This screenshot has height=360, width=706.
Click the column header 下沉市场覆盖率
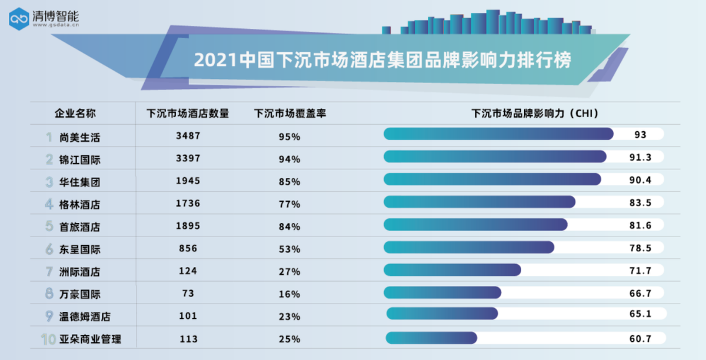tap(289, 113)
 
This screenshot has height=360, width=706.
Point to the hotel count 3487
tap(188, 136)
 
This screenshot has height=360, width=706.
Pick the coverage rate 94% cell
tap(289, 159)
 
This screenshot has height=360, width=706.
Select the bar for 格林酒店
tap(479, 202)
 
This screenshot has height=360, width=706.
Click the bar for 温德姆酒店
tap(442, 314)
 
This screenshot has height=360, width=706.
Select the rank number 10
tap(48, 339)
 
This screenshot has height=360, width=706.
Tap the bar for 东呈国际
tap(469, 247)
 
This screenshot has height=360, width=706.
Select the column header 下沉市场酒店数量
tap(188, 113)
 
